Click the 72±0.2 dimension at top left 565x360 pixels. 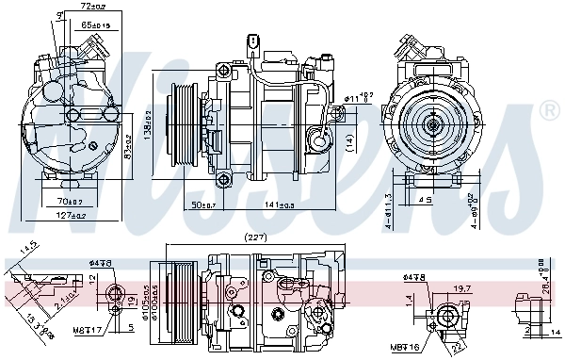click(x=90, y=7)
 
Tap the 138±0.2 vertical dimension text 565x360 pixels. click(x=148, y=123)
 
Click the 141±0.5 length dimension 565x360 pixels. click(x=281, y=205)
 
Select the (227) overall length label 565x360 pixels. click(x=254, y=237)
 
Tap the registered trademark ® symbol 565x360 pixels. click(x=550, y=112)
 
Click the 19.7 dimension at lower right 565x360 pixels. click(x=461, y=290)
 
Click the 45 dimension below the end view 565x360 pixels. click(x=426, y=200)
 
